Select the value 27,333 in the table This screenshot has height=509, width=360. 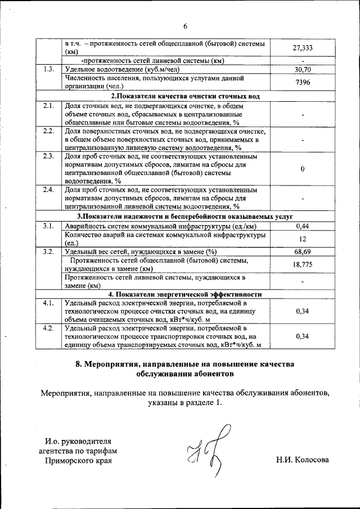[x=303, y=48]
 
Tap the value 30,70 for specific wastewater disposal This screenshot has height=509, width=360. [x=303, y=70]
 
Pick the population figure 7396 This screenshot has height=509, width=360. [x=303, y=83]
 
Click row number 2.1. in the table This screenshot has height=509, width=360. [x=49, y=106]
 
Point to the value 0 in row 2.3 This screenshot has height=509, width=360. [x=303, y=169]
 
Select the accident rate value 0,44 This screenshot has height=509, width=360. [x=303, y=226]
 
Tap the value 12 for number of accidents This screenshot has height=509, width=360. [x=303, y=238]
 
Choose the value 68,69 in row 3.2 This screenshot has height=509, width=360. [x=303, y=251]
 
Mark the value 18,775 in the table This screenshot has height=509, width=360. [x=303, y=264]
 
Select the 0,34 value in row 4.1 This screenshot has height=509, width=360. [x=303, y=310]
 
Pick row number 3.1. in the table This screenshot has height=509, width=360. [x=49, y=226]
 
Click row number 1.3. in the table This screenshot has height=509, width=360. [x=49, y=70]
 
